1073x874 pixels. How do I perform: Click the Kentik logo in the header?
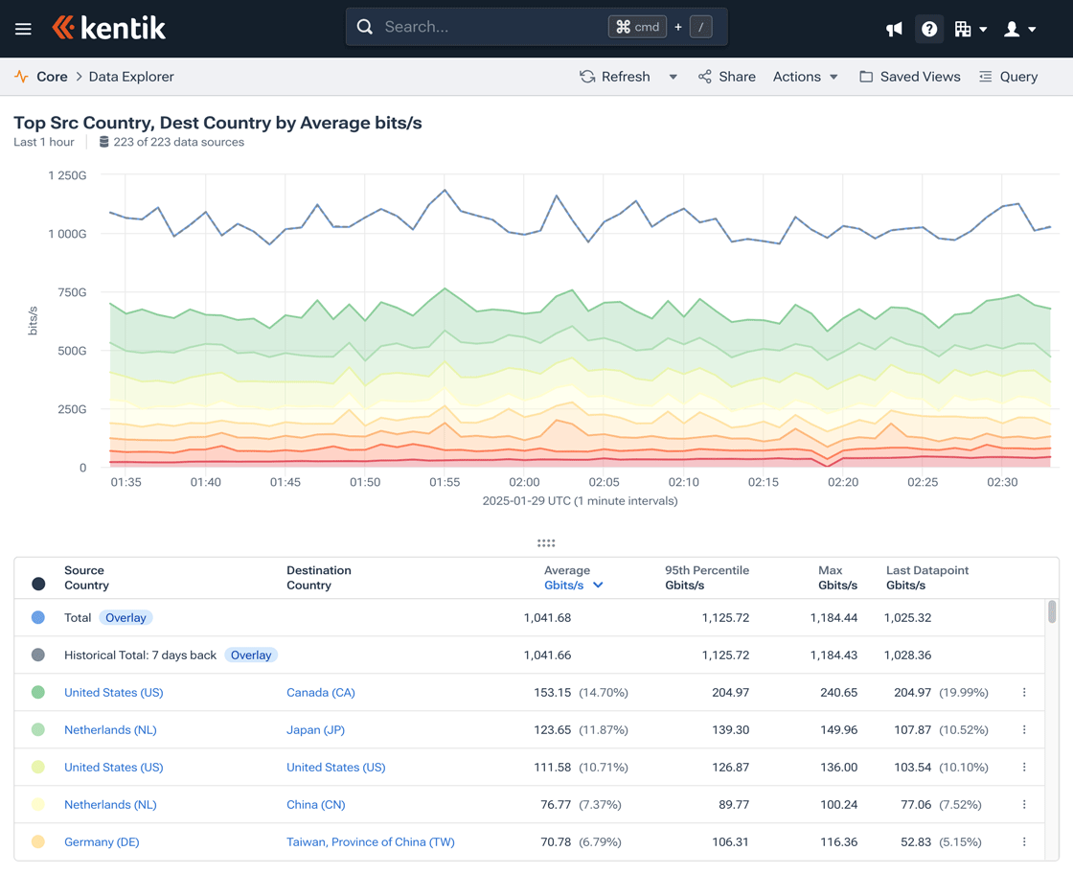tap(109, 28)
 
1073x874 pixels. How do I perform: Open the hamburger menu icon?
tap(23, 29)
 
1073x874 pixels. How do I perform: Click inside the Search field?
tap(489, 27)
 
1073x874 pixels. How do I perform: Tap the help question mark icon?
tap(928, 29)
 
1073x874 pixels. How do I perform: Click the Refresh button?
tap(615, 77)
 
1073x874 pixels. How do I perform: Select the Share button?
tap(726, 77)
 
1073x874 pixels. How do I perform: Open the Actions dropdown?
tap(805, 77)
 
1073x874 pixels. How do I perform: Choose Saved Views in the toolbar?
tap(909, 77)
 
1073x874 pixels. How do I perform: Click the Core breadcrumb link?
tap(52, 77)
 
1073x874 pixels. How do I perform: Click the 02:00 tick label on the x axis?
tap(524, 482)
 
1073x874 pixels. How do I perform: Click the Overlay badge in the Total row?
tap(126, 618)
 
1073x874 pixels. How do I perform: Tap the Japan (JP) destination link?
tap(315, 730)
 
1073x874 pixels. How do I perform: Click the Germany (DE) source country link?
tap(102, 842)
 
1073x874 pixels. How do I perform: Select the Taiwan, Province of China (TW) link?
tap(370, 842)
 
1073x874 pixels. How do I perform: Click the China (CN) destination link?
tap(315, 805)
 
